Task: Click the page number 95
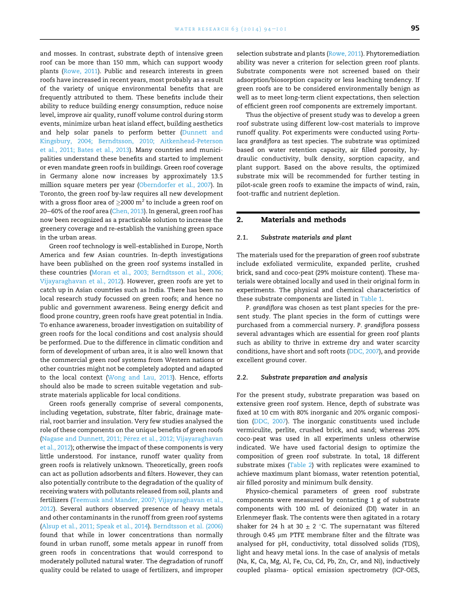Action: tap(415, 28)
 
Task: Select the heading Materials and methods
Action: tap(303, 220)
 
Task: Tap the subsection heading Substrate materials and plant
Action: tap(306, 238)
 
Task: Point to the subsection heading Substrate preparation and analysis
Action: tap(314, 377)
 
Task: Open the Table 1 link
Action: tap(371, 299)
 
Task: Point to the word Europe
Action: tap(194, 246)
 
